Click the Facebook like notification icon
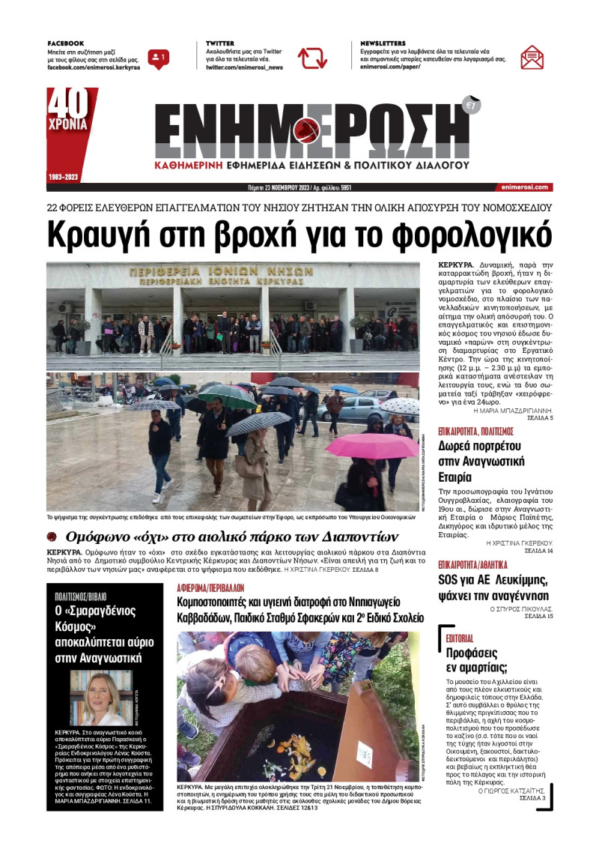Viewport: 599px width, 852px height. (x=158, y=58)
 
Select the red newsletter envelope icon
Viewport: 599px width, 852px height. (x=532, y=57)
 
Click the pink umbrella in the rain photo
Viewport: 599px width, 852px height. (x=371, y=445)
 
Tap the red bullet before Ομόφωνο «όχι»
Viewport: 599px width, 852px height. (x=52, y=537)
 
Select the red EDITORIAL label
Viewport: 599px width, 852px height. (x=459, y=638)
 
